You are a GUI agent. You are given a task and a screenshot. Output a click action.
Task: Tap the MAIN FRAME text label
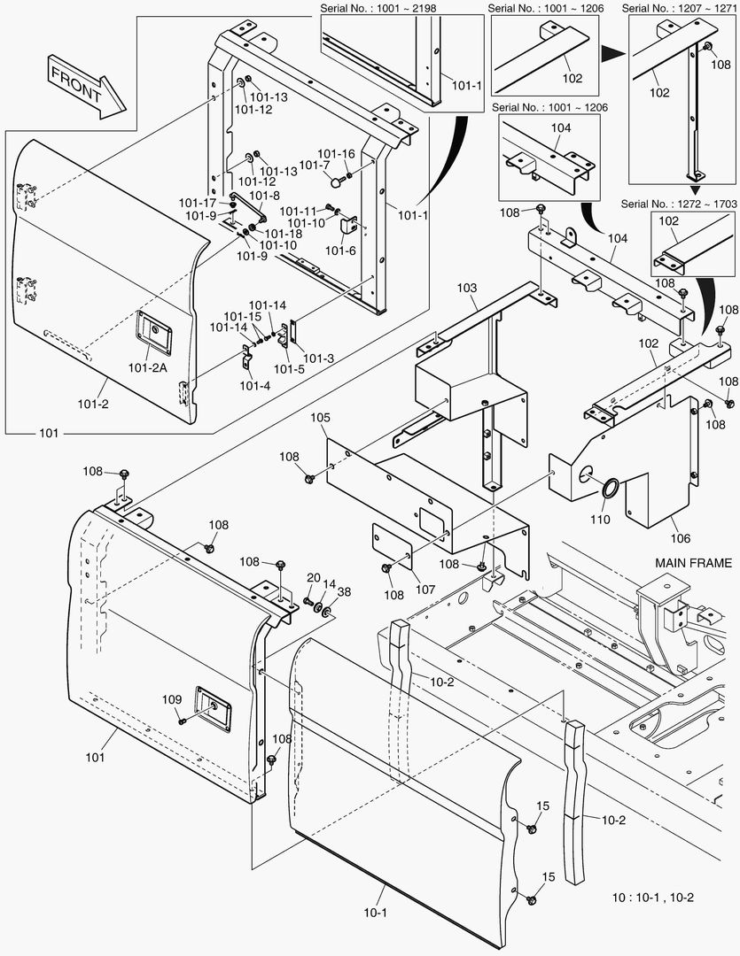click(693, 563)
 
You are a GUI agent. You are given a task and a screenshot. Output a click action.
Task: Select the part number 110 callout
click(600, 519)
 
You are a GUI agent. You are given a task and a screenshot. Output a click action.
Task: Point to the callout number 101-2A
click(147, 367)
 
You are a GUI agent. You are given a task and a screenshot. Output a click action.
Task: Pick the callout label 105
click(320, 418)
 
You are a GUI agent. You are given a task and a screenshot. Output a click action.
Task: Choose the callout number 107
click(425, 589)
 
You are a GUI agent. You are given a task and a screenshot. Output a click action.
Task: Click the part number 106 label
click(680, 538)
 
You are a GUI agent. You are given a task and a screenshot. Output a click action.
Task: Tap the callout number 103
click(466, 288)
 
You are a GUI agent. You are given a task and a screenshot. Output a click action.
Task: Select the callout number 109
click(172, 699)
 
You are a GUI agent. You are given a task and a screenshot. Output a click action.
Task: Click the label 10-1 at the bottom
click(376, 913)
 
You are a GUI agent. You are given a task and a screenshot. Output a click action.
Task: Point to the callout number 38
click(345, 592)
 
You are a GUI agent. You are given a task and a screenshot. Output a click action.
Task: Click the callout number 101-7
click(315, 166)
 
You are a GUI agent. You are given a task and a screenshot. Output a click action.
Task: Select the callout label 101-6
click(340, 251)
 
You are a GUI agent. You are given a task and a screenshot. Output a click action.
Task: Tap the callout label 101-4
click(254, 385)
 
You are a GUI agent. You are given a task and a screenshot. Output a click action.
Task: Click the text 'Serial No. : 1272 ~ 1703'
click(679, 204)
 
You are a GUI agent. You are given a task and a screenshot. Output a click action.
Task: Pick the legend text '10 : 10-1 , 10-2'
click(652, 898)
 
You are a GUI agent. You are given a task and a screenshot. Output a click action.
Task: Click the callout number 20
click(313, 578)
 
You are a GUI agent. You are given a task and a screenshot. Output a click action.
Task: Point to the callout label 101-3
click(319, 358)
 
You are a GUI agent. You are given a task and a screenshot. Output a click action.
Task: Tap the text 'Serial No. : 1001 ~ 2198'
click(378, 9)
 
